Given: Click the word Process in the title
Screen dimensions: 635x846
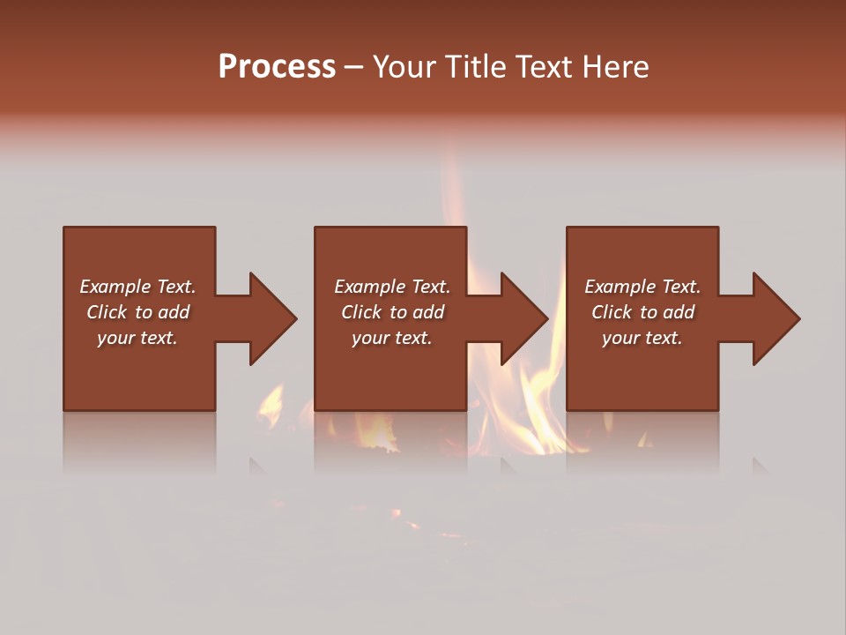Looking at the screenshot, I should (277, 67).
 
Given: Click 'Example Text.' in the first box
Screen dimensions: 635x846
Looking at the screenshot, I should (137, 287).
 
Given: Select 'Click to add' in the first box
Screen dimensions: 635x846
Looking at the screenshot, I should (137, 312).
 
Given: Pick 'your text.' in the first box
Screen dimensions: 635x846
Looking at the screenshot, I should (137, 338).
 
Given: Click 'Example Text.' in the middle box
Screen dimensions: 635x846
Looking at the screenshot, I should (392, 287).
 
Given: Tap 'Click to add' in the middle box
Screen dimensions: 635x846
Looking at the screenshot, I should (392, 312).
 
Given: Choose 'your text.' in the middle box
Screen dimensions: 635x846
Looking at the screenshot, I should (392, 338).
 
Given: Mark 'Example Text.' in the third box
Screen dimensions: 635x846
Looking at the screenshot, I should (642, 287).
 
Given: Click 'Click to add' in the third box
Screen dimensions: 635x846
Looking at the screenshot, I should (642, 312).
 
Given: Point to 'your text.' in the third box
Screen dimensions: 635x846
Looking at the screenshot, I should (642, 338).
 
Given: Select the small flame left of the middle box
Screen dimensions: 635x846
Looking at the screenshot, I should (271, 404).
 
